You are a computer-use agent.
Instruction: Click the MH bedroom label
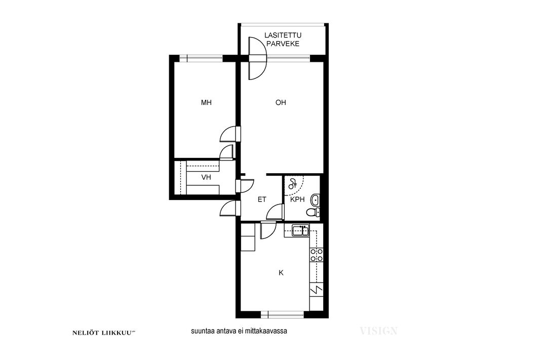[x=206, y=103]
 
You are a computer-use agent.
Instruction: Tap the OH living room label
[x=281, y=103]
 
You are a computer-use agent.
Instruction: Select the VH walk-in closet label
[x=206, y=178]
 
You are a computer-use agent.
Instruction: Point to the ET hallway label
[x=262, y=199]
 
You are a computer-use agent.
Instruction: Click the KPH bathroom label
[x=297, y=199]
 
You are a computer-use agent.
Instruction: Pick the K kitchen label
[x=281, y=273]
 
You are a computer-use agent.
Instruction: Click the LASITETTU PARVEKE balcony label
[x=283, y=39]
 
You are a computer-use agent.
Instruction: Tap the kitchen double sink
[x=300, y=230]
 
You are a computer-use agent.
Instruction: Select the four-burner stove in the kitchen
[x=317, y=255]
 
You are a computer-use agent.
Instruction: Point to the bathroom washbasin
[x=315, y=199]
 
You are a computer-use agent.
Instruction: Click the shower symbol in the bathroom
[x=293, y=184]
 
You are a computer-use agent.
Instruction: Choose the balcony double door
[x=258, y=59]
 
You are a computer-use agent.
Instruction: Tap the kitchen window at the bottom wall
[x=282, y=314]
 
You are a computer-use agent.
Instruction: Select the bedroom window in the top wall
[x=201, y=58]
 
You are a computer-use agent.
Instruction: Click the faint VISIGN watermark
[x=378, y=331]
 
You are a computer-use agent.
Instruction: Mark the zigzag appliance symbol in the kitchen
[x=317, y=290]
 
